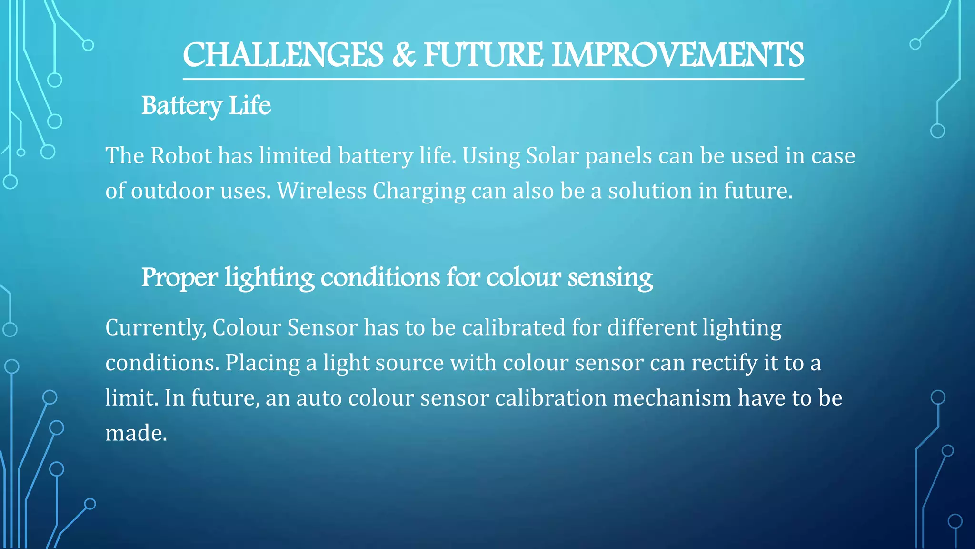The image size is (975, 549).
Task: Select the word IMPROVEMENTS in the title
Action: [x=678, y=55]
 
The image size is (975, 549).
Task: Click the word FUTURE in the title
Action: [x=483, y=55]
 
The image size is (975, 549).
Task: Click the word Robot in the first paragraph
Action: [x=181, y=156]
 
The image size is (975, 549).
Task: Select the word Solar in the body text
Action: [x=552, y=156]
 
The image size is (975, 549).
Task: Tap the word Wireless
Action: [x=321, y=191]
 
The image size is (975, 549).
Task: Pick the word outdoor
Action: [x=172, y=191]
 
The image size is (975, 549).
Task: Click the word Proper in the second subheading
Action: [x=179, y=277]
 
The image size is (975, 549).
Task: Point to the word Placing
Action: [x=262, y=364]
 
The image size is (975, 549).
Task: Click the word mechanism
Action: [x=672, y=398]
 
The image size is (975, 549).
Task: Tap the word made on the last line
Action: [x=136, y=433]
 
